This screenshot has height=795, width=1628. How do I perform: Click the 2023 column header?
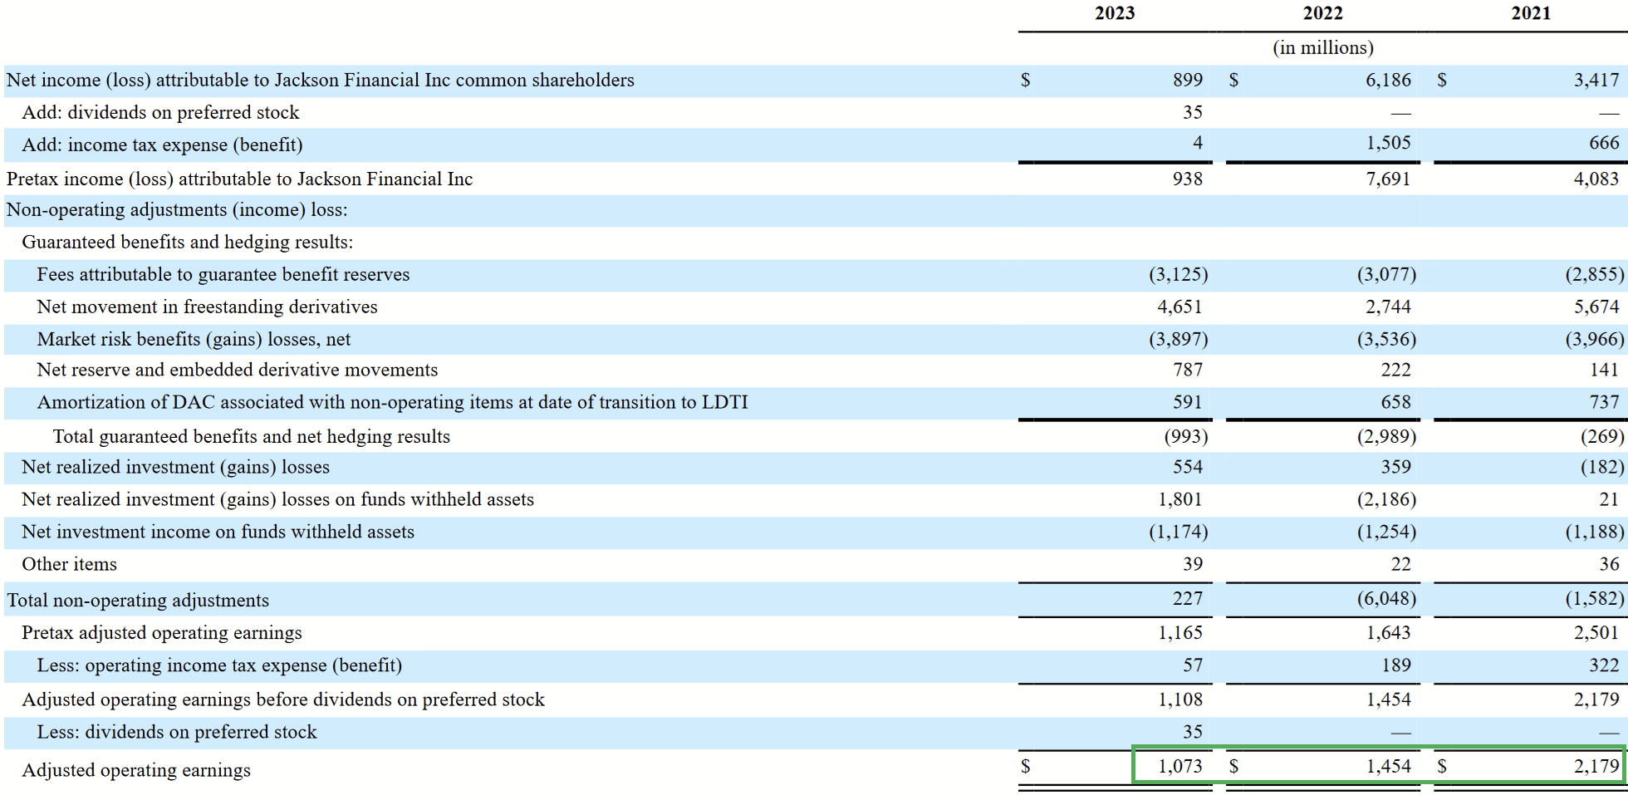pos(1114,13)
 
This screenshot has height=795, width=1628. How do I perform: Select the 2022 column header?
pos(1322,13)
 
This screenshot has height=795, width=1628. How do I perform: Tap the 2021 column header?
pos(1530,13)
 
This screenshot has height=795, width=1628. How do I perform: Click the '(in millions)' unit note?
pos(1322,47)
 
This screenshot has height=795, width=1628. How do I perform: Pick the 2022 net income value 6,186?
pos(1388,80)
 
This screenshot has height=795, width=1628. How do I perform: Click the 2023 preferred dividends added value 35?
pos(1192,112)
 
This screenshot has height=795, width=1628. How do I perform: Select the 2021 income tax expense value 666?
pos(1603,143)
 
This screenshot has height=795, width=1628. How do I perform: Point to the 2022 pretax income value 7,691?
pos(1388,179)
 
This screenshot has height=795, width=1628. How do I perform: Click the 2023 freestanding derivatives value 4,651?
pos(1179,307)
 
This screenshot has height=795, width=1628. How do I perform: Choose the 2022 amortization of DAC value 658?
pos(1395,402)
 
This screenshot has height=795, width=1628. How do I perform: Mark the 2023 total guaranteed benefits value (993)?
pos(1185,436)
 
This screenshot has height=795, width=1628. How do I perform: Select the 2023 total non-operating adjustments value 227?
pos(1187,598)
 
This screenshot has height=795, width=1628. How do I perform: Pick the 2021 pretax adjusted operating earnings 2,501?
pos(1596,632)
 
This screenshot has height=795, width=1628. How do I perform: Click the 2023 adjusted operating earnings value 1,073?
pos(1179,766)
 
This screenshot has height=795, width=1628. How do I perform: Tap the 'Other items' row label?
pos(70,564)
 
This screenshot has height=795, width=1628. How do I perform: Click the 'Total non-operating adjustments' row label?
pos(138,600)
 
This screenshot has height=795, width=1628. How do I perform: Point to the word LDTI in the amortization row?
pos(724,402)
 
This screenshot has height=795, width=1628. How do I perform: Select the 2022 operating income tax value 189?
pos(1395,665)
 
